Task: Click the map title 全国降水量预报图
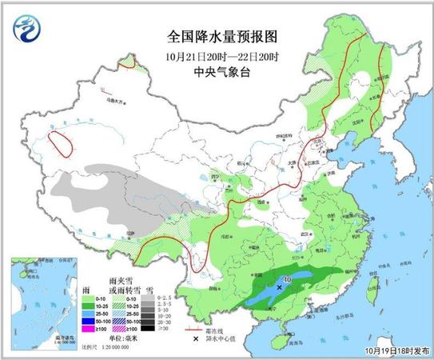[210, 37]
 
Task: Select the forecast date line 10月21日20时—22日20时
[210, 55]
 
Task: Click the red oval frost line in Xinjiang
[61, 143]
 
